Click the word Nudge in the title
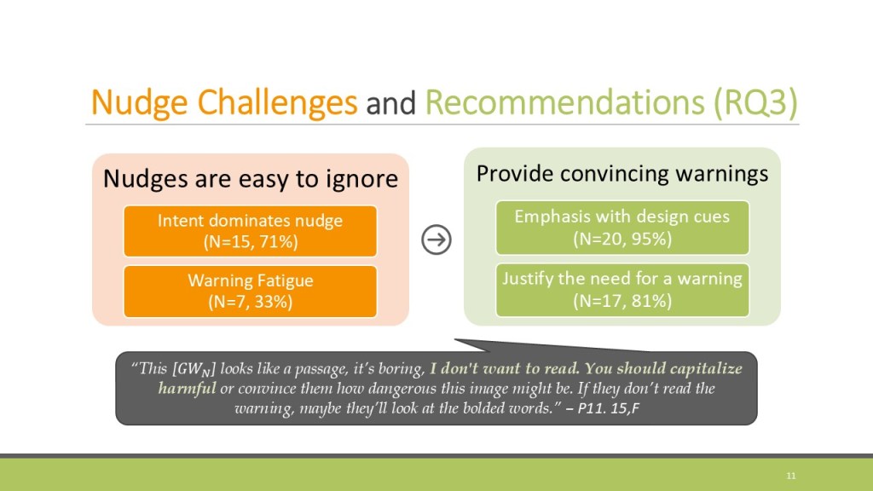[x=139, y=103]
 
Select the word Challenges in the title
[x=277, y=103]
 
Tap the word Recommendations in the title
[x=565, y=102]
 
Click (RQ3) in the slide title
[x=756, y=103]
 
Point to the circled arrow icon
[x=436, y=240]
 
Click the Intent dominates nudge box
[x=250, y=231]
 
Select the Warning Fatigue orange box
[x=250, y=292]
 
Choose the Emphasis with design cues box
[x=622, y=228]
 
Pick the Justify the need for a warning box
[x=622, y=290]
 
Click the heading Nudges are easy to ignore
[x=251, y=179]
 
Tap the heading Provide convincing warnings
[x=622, y=174]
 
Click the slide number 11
[x=791, y=476]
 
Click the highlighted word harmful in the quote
[x=187, y=388]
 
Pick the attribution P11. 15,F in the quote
[x=608, y=408]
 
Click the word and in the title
[x=390, y=104]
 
